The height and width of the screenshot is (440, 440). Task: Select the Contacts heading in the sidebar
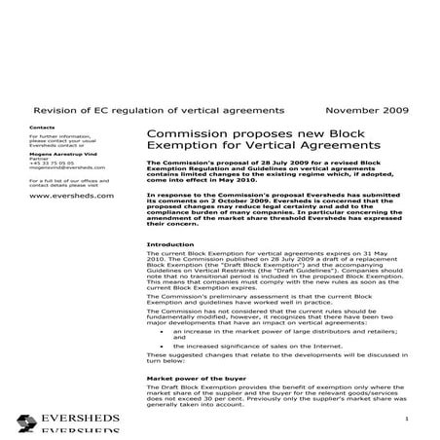click(x=44, y=128)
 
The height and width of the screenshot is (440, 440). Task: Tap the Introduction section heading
click(x=169, y=243)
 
